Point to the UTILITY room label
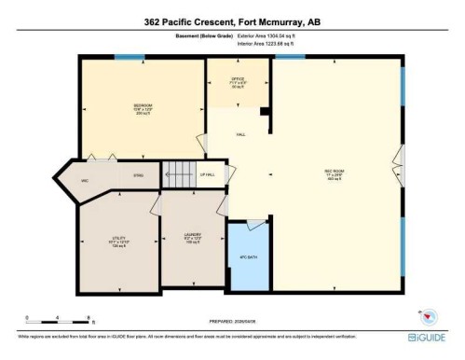click(x=118, y=239)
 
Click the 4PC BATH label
click(x=247, y=256)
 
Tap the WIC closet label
click(x=84, y=180)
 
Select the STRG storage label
click(x=138, y=175)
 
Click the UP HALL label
click(x=207, y=174)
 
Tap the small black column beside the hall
click(x=265, y=112)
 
